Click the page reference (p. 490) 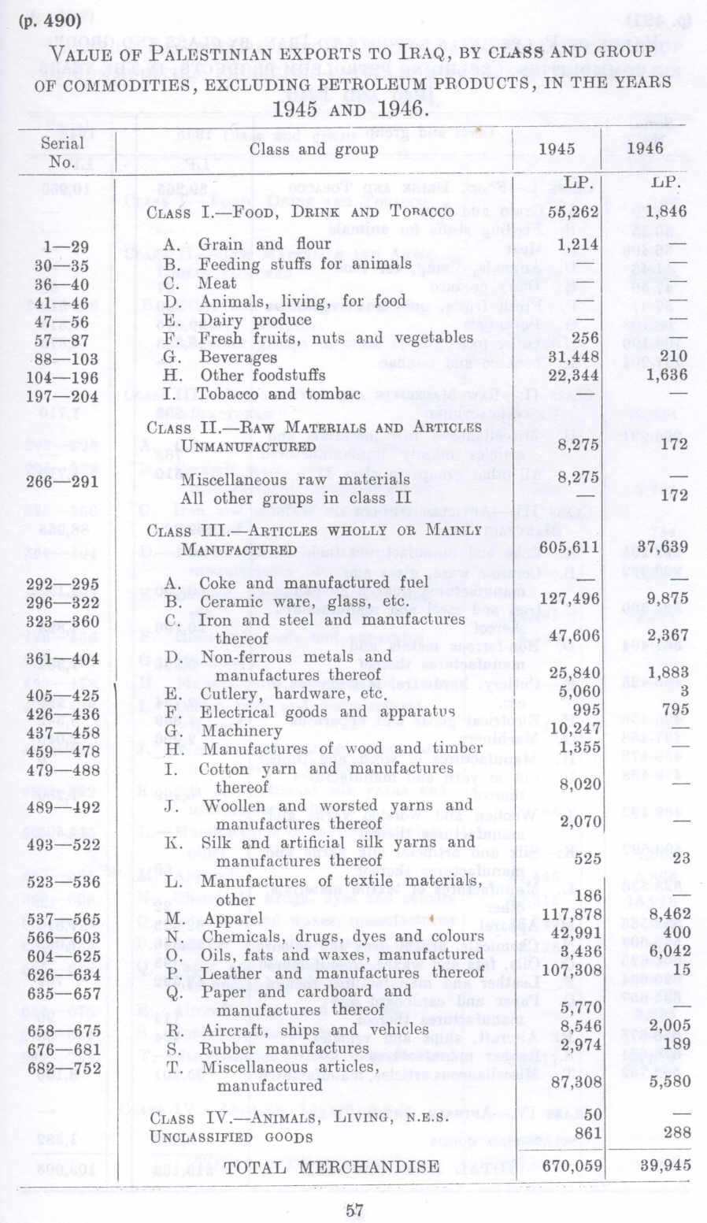coord(50,21)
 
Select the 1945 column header coord(556,149)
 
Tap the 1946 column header coord(646,148)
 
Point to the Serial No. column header coord(62,152)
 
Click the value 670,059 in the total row coord(572,1166)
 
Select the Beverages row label coord(238,357)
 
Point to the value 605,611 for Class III coord(571,547)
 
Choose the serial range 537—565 coord(63,919)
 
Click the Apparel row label coord(233,918)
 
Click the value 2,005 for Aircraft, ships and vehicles coord(669,1025)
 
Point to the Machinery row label coord(240,731)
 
